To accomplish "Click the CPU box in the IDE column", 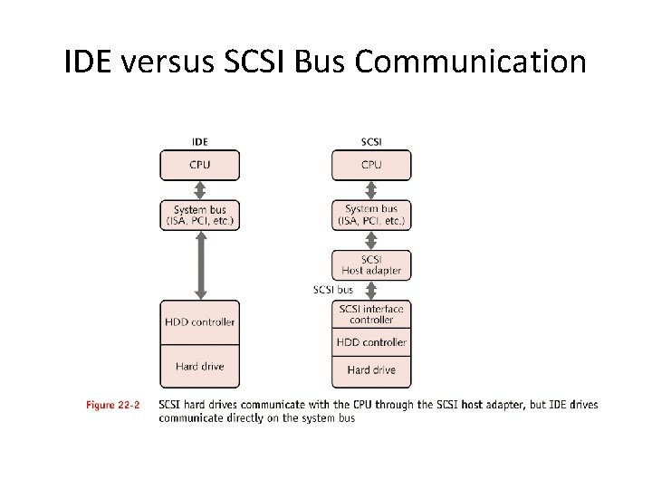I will (200, 166).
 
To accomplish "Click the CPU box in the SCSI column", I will (371, 166).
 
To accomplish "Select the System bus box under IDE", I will (200, 216).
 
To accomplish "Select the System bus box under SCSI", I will (371, 216).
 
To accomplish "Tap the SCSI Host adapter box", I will (371, 264).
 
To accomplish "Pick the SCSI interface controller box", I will (371, 314).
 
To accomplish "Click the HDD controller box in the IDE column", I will (200, 322).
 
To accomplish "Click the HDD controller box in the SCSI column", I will (371, 342).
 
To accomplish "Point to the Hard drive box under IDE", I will (200, 367).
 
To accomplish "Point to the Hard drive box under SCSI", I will (371, 369).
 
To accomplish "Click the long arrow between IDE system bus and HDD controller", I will (200, 265).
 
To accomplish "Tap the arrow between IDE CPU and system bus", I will (200, 190).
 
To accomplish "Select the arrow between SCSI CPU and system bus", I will (371, 190).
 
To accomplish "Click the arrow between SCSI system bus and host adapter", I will (371, 240).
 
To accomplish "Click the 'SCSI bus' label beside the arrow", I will (333, 290).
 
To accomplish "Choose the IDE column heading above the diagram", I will (200, 142).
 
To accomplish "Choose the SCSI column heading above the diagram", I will (371, 142).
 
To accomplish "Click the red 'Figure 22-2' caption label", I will (113, 405).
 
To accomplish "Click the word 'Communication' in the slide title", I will (471, 62).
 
